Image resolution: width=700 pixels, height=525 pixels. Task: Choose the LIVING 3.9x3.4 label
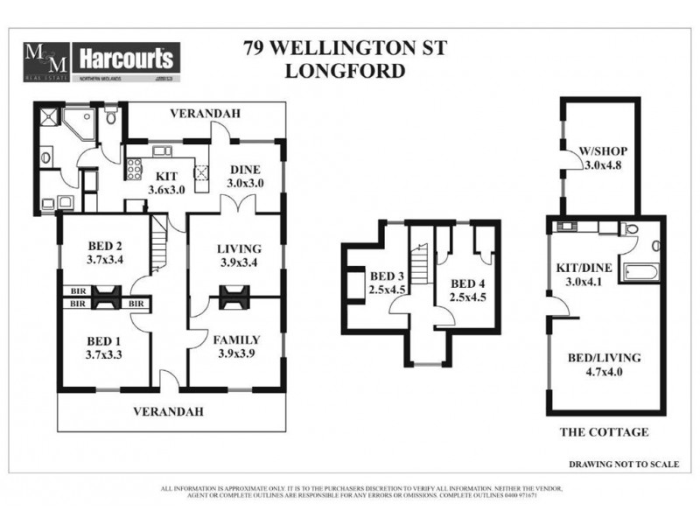click(x=239, y=256)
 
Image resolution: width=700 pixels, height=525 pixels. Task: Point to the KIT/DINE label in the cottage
click(x=579, y=276)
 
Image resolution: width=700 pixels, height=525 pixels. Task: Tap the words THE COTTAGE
click(x=604, y=432)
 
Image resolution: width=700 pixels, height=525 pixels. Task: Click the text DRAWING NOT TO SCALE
click(x=623, y=464)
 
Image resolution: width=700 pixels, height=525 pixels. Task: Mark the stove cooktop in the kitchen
click(x=136, y=166)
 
